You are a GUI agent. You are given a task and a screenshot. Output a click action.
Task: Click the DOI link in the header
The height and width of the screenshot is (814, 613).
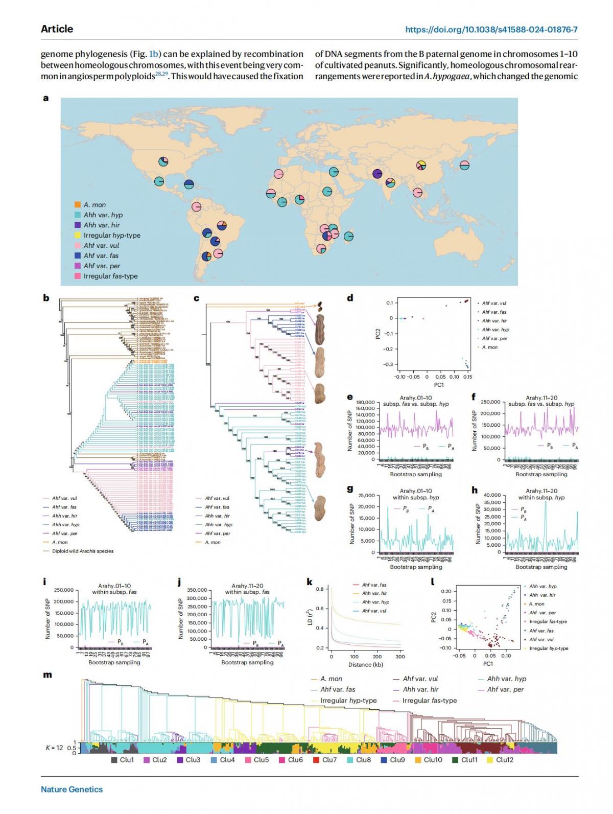point(491,29)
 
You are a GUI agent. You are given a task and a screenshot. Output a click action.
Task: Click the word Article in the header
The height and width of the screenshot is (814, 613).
point(57,29)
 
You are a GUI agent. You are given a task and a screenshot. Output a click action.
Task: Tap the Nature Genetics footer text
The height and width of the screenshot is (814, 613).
point(72,789)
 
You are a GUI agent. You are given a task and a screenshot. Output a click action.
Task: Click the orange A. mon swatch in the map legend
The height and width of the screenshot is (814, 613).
point(78,205)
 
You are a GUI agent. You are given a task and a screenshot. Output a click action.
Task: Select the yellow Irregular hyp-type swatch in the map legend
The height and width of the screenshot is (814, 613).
point(78,236)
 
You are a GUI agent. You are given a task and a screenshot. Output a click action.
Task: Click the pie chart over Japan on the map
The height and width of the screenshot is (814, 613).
point(464,165)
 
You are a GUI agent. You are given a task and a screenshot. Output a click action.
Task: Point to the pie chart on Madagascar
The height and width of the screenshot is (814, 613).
point(348,237)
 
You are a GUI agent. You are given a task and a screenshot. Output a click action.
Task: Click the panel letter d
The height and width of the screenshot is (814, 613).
point(350,298)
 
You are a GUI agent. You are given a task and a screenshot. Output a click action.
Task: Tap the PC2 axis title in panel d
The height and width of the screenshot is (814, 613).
point(377,333)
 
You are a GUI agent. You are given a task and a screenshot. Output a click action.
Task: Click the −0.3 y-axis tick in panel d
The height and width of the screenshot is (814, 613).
point(389,364)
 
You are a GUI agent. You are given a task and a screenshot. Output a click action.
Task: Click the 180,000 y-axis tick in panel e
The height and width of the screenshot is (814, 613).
point(365,403)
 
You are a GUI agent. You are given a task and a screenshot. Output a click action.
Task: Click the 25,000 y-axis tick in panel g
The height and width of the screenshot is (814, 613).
point(367,496)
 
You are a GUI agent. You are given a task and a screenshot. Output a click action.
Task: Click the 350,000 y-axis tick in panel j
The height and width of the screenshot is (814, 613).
point(197,590)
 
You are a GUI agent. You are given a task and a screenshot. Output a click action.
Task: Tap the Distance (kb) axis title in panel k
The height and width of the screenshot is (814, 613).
point(366,665)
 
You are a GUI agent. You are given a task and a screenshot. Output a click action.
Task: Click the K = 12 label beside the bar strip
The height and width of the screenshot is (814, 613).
point(55,748)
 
